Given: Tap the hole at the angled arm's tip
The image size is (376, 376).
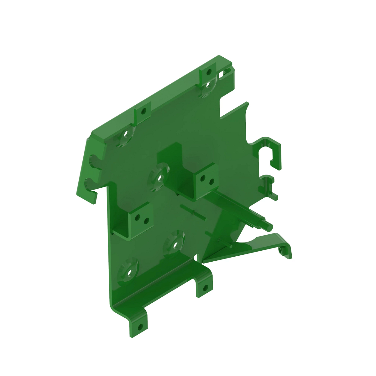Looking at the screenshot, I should (x=281, y=251).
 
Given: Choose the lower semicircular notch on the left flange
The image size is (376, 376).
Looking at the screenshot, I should (x=90, y=183).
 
